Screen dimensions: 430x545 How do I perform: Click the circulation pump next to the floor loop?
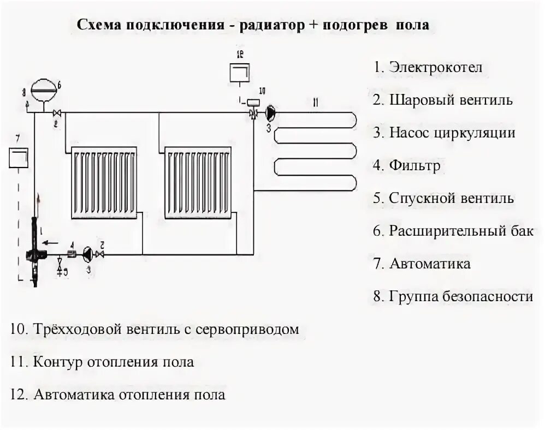(271, 113)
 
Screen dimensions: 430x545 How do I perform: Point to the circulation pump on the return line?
(87, 254)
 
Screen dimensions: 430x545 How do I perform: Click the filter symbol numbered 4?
(71, 254)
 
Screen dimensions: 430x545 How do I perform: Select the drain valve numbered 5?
(60, 268)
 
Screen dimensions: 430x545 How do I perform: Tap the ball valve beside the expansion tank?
(57, 113)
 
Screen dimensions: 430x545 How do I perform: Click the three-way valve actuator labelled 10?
(253, 102)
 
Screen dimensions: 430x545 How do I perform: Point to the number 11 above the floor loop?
(315, 102)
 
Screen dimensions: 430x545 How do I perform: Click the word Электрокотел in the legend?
(436, 68)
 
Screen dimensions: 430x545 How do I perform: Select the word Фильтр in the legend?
(414, 165)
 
